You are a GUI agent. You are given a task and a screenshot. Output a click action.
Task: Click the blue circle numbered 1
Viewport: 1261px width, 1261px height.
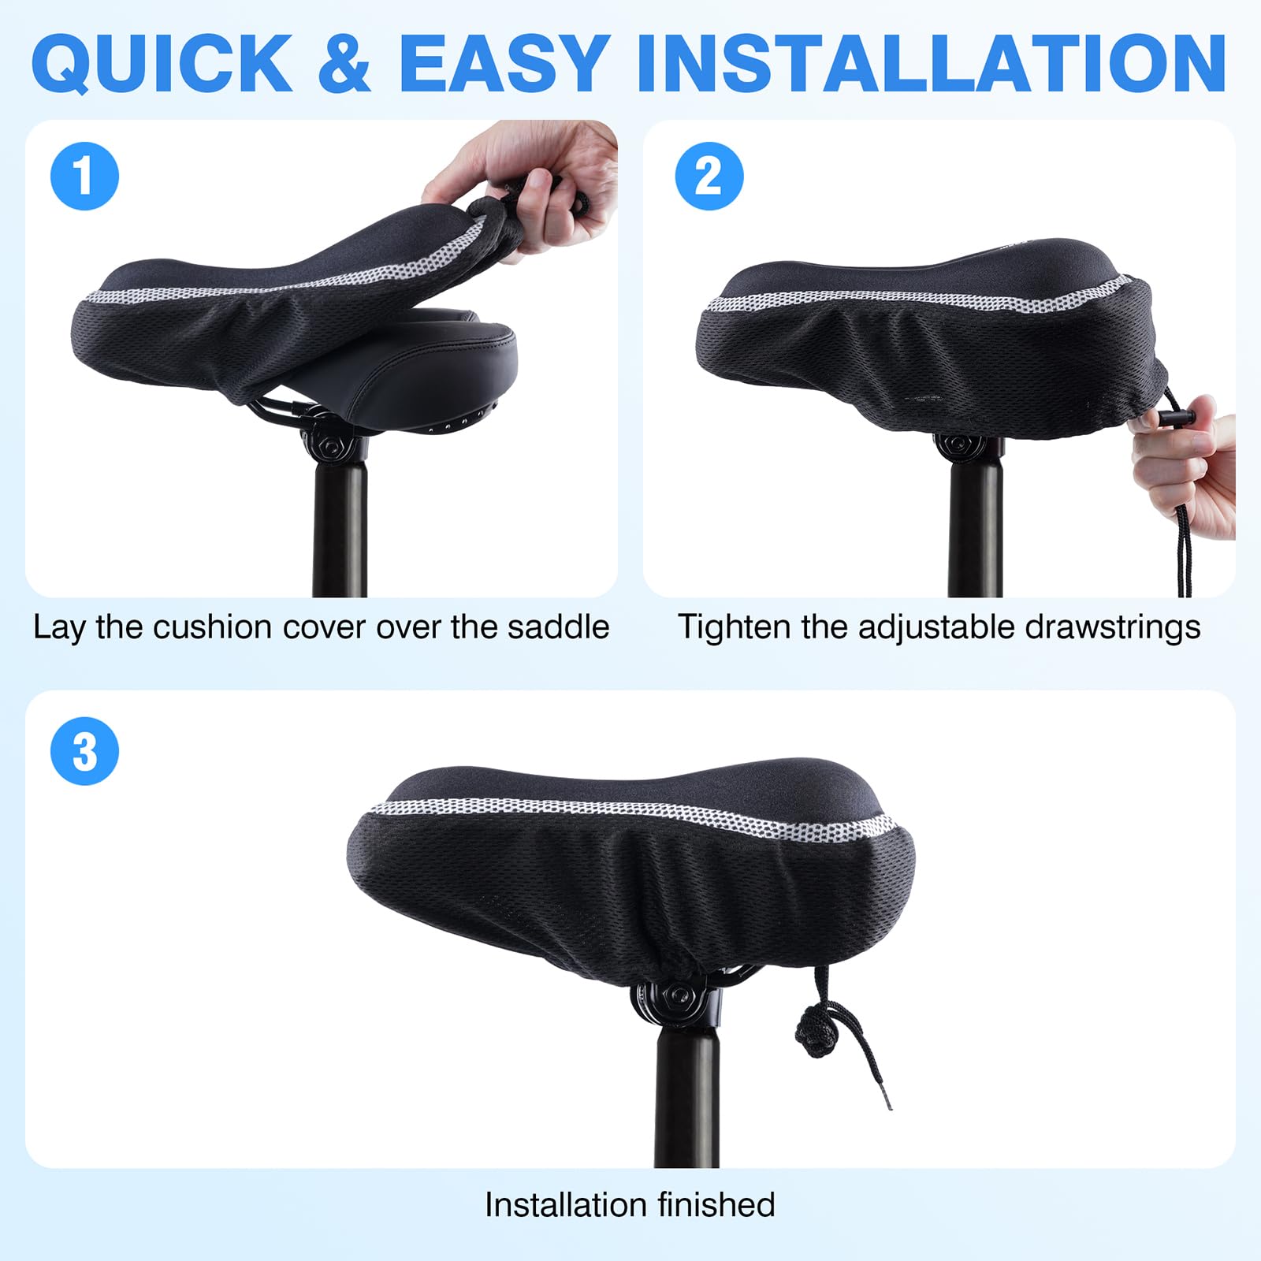pos(84,176)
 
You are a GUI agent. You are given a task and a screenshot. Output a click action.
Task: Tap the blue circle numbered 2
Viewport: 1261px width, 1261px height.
pos(709,176)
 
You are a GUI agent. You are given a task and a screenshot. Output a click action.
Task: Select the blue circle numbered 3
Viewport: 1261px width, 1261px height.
pos(84,751)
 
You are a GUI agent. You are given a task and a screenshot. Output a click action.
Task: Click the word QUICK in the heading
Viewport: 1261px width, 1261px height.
pos(163,63)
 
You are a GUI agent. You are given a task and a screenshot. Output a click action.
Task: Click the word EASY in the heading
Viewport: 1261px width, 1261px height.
pos(505,63)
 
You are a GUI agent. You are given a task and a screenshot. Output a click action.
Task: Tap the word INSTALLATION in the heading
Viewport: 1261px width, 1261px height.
pos(932,63)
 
